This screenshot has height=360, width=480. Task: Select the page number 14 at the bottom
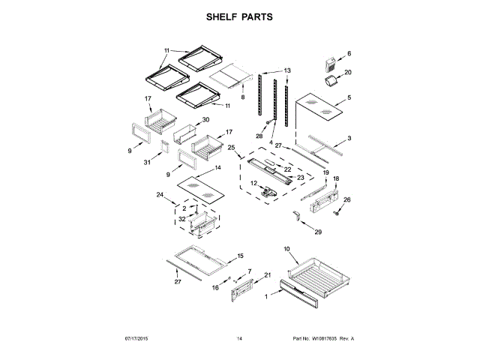point(240,339)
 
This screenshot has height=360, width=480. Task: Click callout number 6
point(349,54)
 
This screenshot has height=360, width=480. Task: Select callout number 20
point(347,73)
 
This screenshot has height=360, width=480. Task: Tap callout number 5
point(348,97)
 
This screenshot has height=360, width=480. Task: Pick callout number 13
point(287,71)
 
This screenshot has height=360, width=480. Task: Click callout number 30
point(205,120)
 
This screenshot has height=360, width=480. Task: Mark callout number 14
point(218,169)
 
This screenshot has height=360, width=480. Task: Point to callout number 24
point(160,196)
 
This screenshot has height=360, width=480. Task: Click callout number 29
point(317,232)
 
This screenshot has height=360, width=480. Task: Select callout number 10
point(286,248)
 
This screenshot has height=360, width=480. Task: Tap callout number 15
point(240,256)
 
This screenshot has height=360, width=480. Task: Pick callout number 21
point(266,275)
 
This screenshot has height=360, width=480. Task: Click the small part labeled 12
point(265,191)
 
